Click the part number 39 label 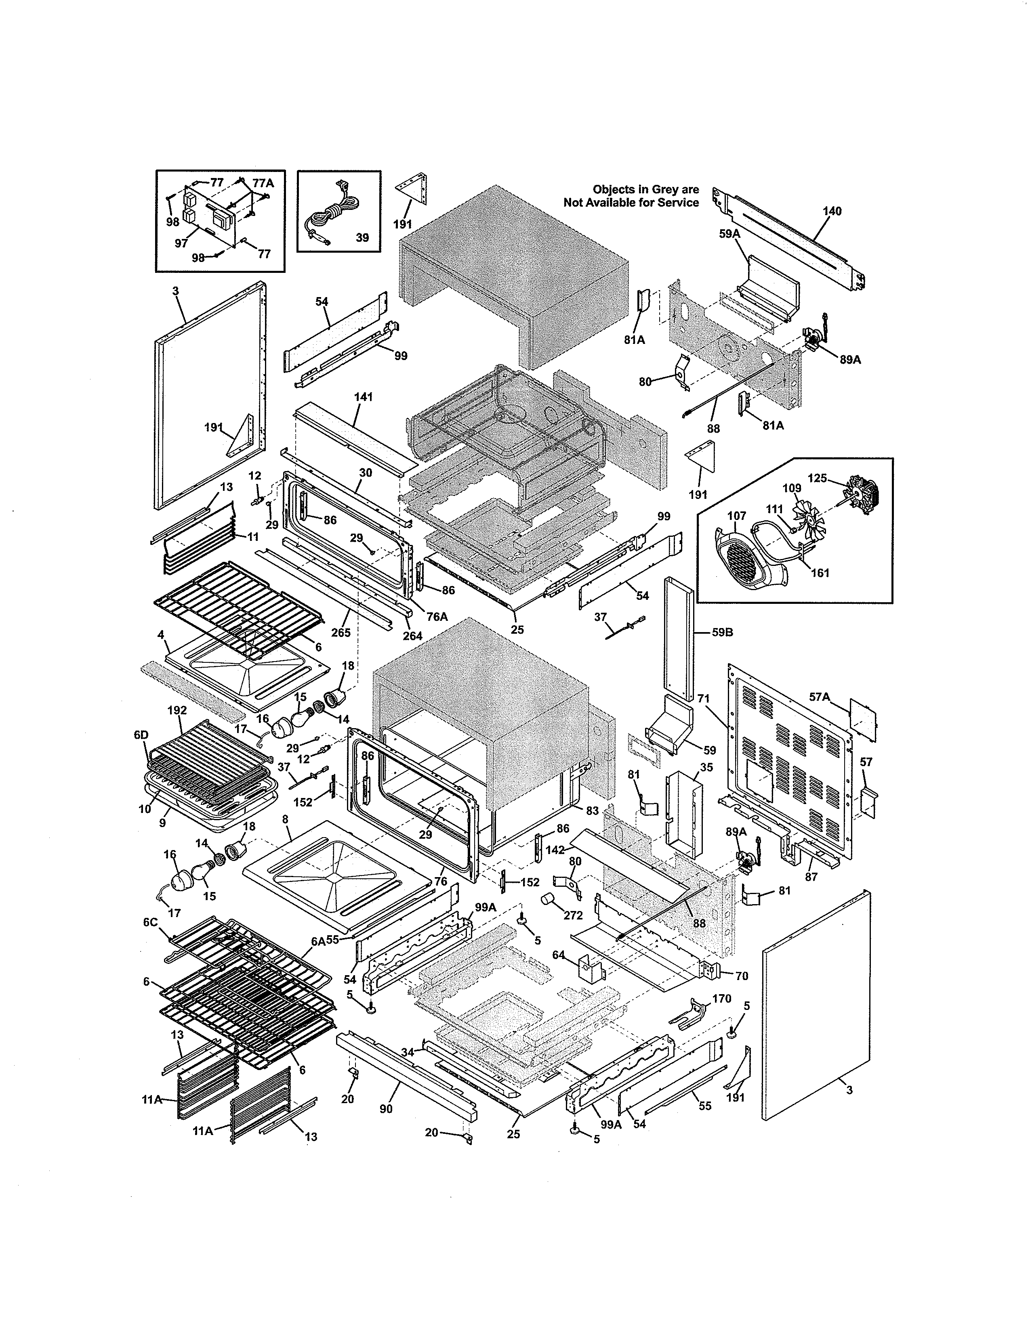[x=362, y=237]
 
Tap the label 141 [x=363, y=397]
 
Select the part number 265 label [x=341, y=632]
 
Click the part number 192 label [x=177, y=710]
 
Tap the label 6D [x=141, y=735]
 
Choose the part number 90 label [x=386, y=1109]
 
